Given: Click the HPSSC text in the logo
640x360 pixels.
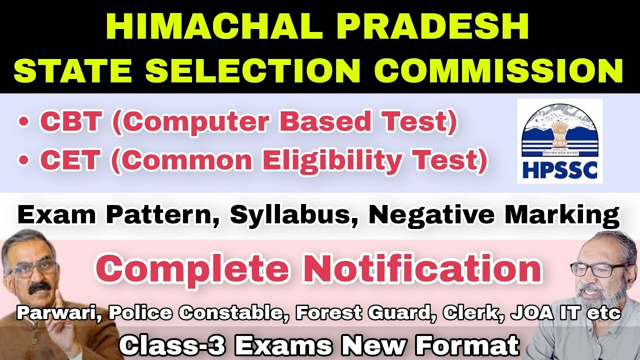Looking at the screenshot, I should (x=559, y=170).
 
